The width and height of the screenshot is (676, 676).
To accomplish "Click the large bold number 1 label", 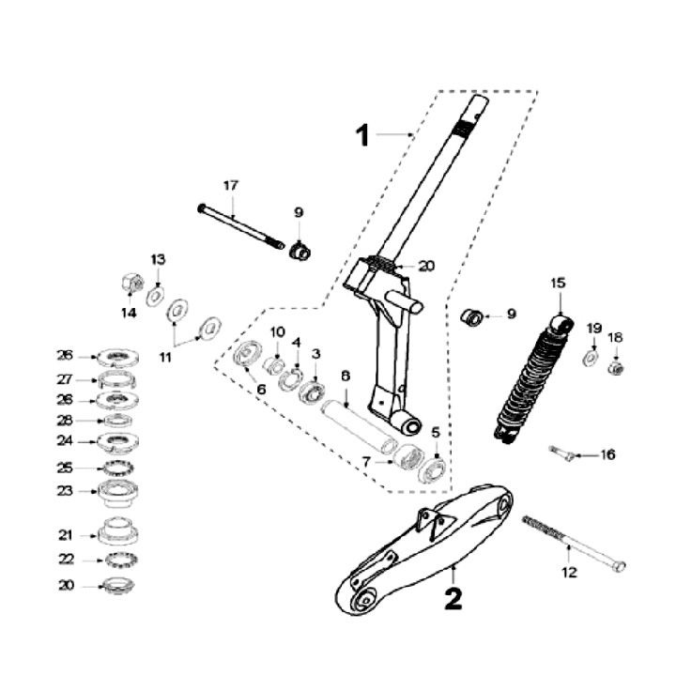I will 362,136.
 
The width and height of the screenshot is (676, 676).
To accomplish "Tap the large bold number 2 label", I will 453,598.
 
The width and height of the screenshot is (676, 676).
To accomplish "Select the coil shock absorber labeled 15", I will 532,380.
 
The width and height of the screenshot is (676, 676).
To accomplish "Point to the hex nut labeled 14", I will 131,282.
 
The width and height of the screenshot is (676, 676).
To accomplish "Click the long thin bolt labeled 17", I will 240,225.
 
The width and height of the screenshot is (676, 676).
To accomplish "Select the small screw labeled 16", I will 561,453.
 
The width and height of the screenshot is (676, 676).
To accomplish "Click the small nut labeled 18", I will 615,367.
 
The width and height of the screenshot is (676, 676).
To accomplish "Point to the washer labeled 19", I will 591,358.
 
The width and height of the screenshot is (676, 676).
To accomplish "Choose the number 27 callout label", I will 65,380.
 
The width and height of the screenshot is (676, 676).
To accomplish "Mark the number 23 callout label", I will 65,489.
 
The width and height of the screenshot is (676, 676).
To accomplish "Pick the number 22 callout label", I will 65,560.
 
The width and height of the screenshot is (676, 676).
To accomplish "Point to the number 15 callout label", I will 558,282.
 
